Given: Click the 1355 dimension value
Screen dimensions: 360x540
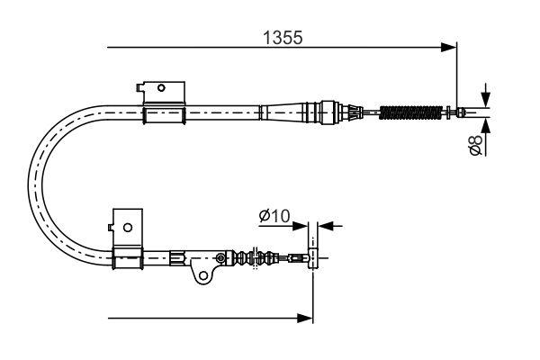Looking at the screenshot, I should tap(282, 37).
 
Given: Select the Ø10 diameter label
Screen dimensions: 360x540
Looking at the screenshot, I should tap(272, 215).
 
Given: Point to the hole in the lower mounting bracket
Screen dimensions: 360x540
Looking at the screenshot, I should tap(127, 227).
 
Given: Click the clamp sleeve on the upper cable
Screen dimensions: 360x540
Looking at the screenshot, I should tap(164, 112).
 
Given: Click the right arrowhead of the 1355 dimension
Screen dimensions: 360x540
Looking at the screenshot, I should tap(449, 46).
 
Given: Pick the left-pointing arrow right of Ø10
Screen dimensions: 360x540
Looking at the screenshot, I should tap(325, 225).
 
